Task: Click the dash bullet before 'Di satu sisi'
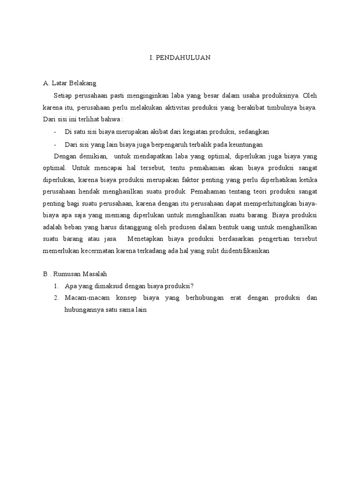coord(56,132)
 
